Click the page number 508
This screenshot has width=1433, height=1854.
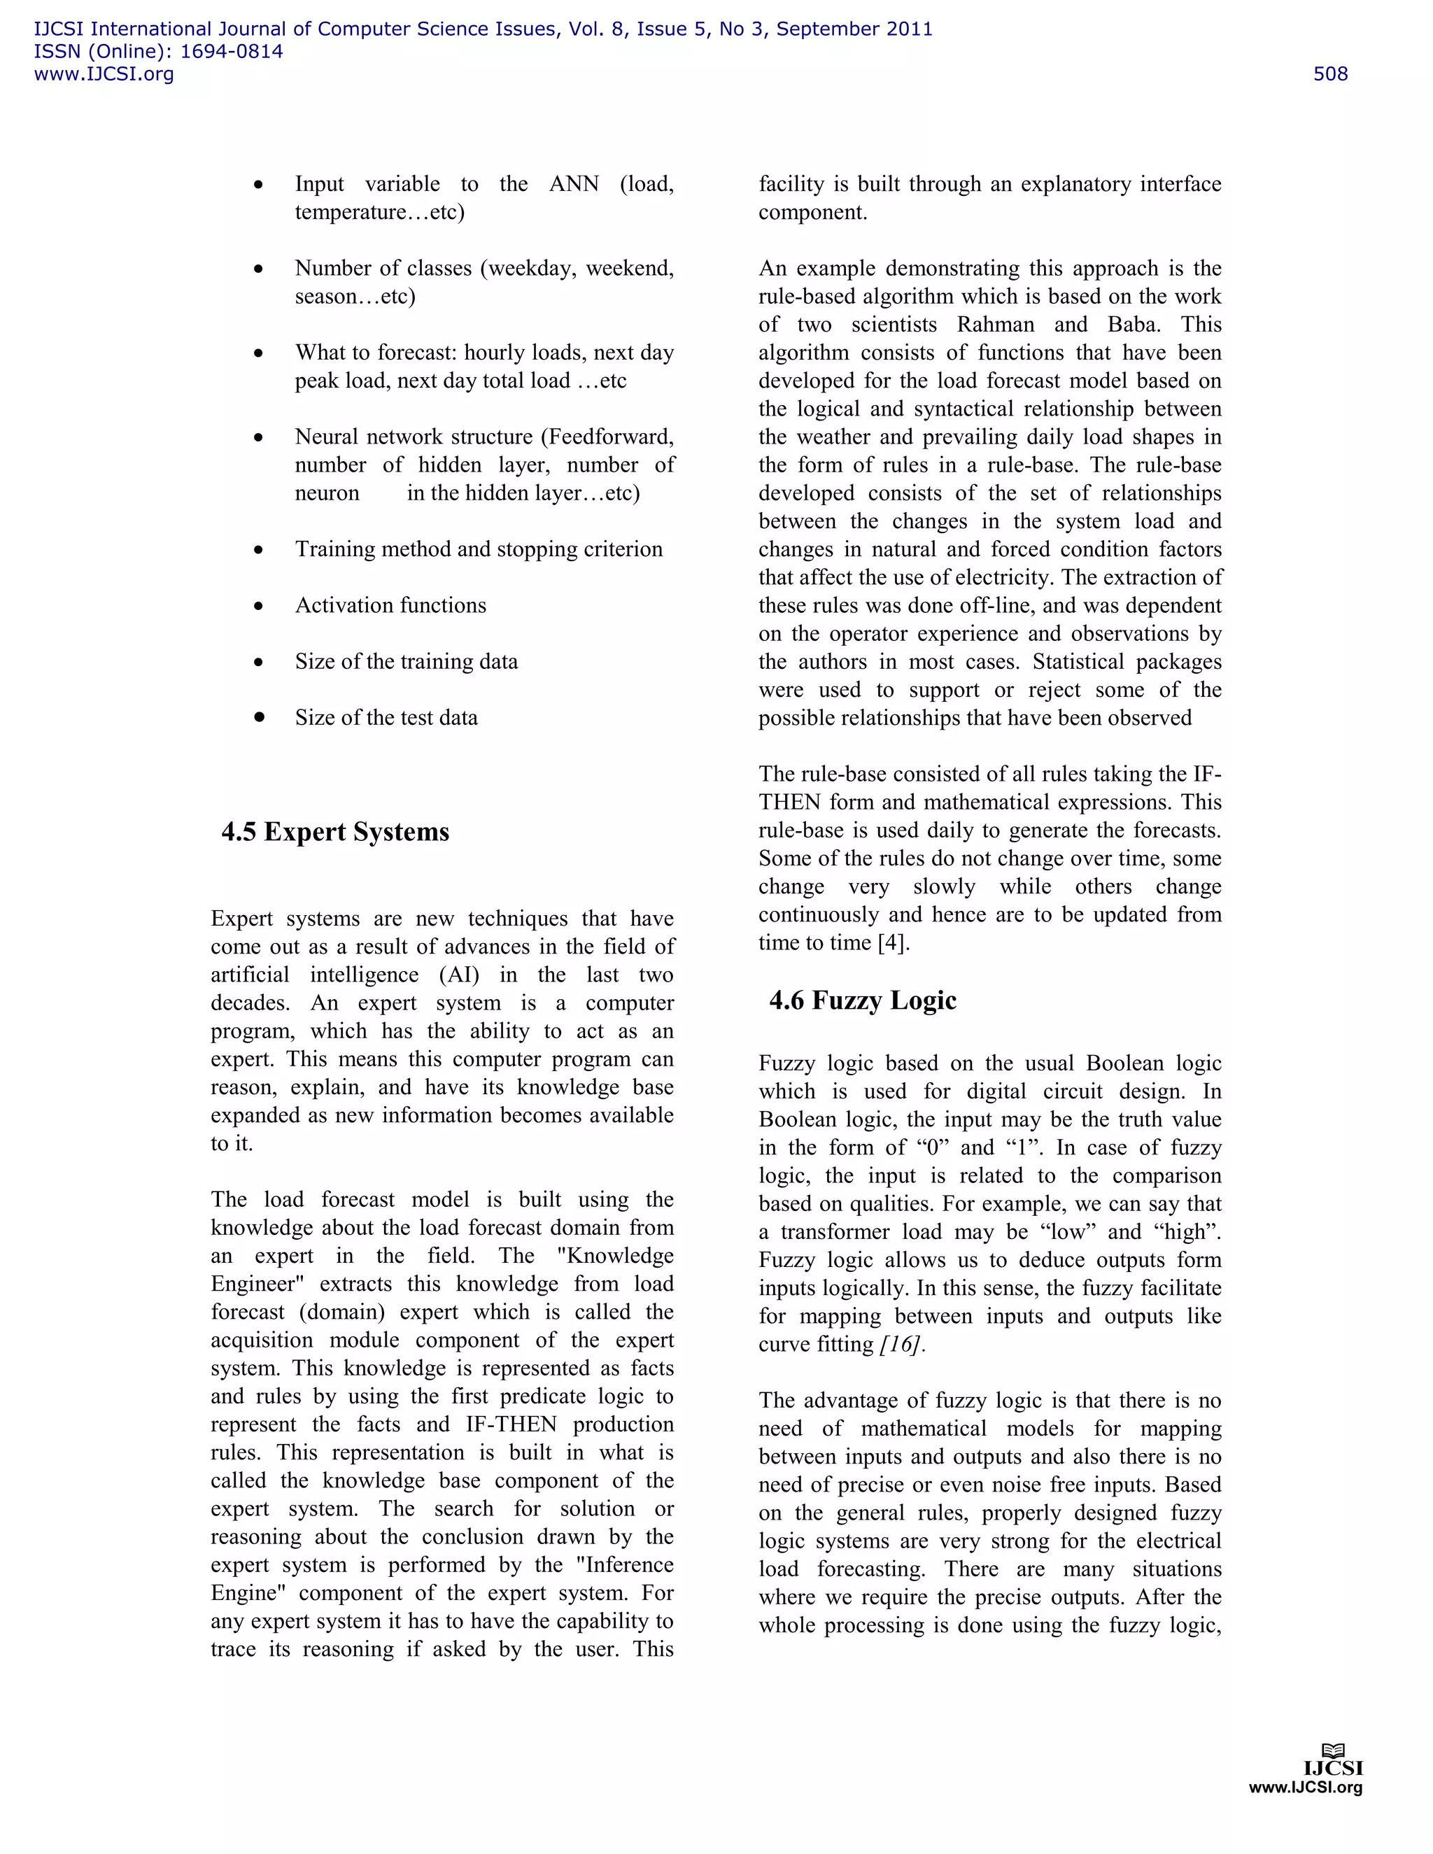click(x=1329, y=74)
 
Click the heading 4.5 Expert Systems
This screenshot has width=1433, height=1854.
click(x=335, y=831)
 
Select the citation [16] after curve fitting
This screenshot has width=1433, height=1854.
click(x=901, y=1345)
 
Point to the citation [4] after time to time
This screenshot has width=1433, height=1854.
click(x=893, y=943)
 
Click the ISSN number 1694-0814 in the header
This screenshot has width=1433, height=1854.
click(x=231, y=52)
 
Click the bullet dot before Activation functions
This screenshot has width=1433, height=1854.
click(x=258, y=606)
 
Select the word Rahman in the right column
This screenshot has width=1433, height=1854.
click(x=998, y=325)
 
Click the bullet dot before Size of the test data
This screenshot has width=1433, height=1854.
click(x=259, y=717)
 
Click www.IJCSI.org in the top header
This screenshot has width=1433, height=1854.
click(x=104, y=74)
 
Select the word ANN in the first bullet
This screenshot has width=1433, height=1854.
click(x=574, y=184)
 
